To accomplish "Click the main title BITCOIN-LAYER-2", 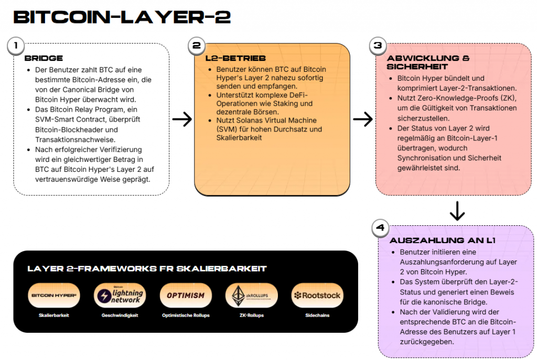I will click(x=122, y=17).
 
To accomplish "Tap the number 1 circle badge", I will click(x=16, y=46).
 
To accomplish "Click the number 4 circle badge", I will click(x=381, y=228).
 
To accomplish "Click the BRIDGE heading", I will click(x=44, y=58).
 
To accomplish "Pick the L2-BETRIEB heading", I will click(x=235, y=58).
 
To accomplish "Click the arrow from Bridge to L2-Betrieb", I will click(x=181, y=119).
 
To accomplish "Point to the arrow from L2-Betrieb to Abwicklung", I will click(x=362, y=119).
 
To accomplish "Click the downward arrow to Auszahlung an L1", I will click(x=457, y=211).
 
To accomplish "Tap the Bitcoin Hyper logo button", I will click(x=54, y=296).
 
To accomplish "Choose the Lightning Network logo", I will click(x=120, y=296).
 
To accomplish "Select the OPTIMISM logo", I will click(x=186, y=296).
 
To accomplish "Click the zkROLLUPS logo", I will click(x=251, y=296).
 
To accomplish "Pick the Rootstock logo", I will click(x=317, y=296).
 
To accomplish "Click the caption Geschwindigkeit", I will click(x=120, y=315).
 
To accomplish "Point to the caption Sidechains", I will click(x=317, y=315).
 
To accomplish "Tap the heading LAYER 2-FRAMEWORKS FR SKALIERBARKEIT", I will click(x=147, y=269).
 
